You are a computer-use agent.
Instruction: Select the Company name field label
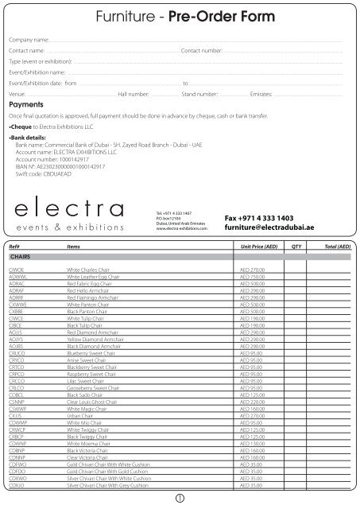click(30, 38)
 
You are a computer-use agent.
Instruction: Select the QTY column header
click(296, 224)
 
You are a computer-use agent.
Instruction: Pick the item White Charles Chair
click(90, 248)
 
